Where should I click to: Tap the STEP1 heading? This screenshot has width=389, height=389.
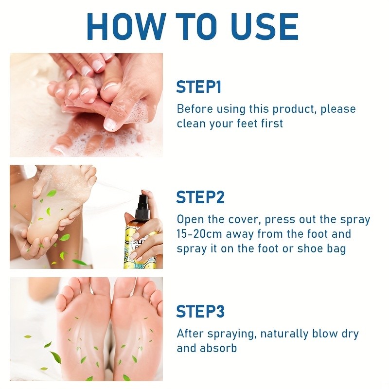click(198, 87)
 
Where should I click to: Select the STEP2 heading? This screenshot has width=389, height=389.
click(200, 197)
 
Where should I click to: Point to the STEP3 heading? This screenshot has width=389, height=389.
click(200, 311)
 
